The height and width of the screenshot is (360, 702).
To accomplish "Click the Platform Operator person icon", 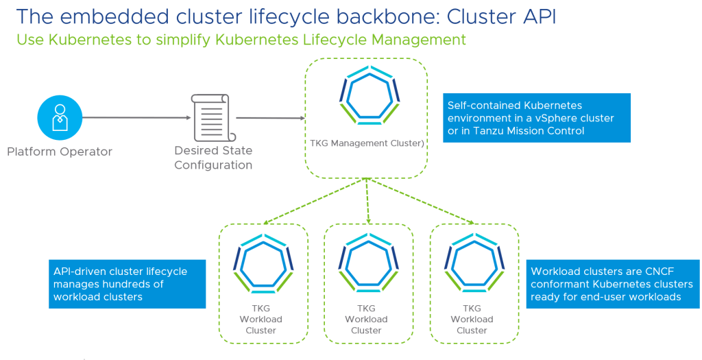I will coord(60,117).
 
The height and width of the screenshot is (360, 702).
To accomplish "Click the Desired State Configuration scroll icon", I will coord(213,117).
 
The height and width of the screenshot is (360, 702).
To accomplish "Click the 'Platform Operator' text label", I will coord(60,152).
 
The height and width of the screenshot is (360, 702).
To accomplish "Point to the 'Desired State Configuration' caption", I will coord(213,158).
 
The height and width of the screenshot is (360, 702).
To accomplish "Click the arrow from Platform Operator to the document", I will coord(137,117).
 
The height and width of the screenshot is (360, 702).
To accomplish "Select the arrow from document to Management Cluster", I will coord(270,118).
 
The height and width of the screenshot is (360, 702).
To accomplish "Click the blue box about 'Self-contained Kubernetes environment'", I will coord(536,118).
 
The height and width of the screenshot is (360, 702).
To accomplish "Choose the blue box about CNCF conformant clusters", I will coord(613,284).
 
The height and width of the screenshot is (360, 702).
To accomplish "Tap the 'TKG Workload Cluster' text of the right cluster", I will coord(472,320).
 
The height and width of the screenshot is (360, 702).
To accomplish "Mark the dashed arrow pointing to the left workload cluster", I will coord(315,201).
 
